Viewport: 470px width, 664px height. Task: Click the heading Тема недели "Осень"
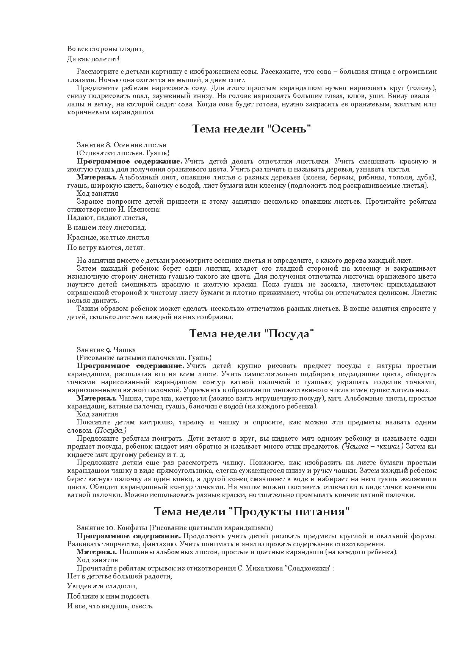click(252, 129)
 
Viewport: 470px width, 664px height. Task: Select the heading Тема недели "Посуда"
click(252, 334)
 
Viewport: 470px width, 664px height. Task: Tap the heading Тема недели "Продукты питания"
click(252, 511)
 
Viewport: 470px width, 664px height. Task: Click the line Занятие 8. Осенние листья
click(121, 145)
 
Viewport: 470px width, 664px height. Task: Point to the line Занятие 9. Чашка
click(106, 350)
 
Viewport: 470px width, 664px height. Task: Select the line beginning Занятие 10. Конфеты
click(175, 528)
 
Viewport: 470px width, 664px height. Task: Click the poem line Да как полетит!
click(93, 59)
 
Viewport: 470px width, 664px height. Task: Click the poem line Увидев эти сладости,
click(102, 586)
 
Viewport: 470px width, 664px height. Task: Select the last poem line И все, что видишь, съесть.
click(110, 606)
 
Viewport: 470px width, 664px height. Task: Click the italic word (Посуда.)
click(111, 430)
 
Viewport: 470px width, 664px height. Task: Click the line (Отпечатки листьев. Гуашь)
click(123, 153)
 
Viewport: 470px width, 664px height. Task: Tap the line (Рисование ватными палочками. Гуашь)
click(144, 358)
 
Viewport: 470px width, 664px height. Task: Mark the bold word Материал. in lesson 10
click(97, 552)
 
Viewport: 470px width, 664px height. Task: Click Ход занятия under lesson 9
click(97, 414)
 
